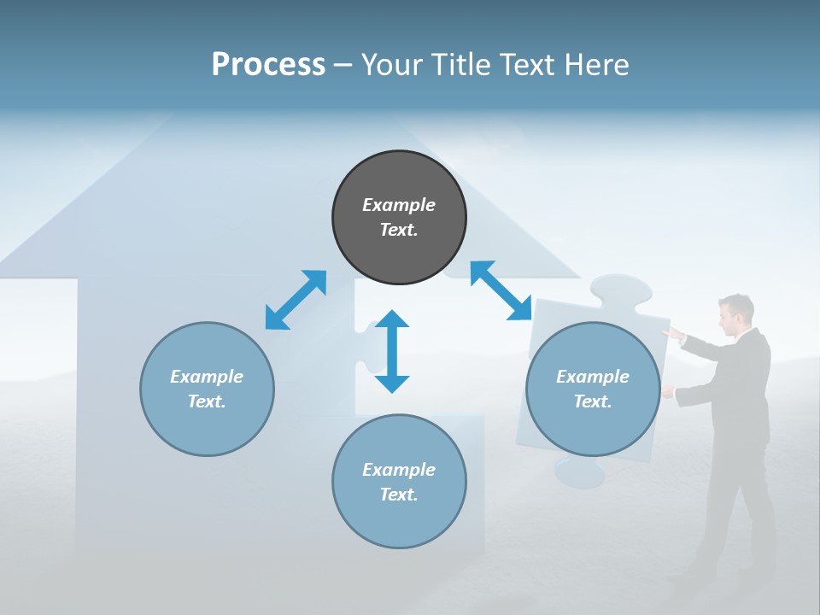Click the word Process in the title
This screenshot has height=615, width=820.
click(268, 64)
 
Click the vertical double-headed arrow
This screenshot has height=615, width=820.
click(392, 352)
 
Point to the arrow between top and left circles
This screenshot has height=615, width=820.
click(296, 300)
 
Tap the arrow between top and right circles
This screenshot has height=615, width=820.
click(501, 290)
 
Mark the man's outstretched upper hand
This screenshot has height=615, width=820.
click(673, 334)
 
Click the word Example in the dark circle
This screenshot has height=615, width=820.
click(399, 205)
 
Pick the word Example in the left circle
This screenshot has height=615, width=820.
click(207, 377)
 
